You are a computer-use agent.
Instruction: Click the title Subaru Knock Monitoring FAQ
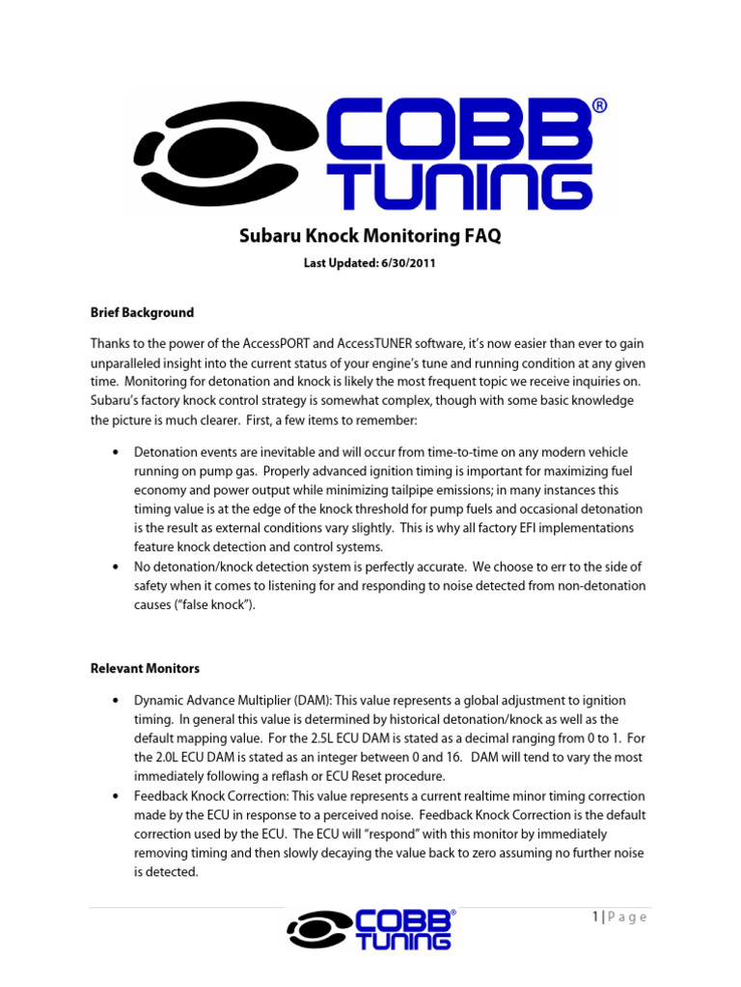tap(370, 236)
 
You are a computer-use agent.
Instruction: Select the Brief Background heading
tap(142, 312)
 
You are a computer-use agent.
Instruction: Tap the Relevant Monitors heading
tap(146, 667)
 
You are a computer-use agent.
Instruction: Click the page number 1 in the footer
tap(596, 917)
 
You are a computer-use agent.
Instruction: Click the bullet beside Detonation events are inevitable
tap(116, 452)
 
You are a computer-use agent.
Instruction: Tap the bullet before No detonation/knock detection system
tap(116, 566)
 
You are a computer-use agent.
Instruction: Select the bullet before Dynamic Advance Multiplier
tap(116, 701)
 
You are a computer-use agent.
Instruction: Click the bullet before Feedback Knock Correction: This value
tap(116, 796)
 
